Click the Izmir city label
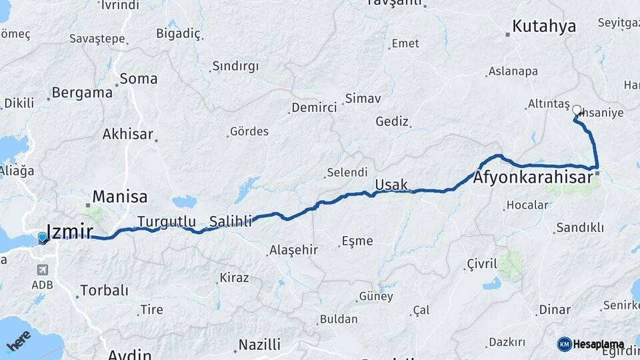pos(71,233)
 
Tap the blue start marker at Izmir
pos(43,237)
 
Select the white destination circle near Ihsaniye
pos(577,110)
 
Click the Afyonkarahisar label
pos(533,178)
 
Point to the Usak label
pos(391,184)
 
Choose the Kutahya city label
pos(544,27)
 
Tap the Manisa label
pos(120,197)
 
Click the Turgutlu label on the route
pos(167,221)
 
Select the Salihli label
pos(231,221)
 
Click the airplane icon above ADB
pos(43,270)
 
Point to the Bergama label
pos(82,93)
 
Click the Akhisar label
pos(128,134)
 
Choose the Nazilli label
pos(260,345)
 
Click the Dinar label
pos(555,309)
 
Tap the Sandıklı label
pos(580,227)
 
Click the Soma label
pos(139,79)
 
